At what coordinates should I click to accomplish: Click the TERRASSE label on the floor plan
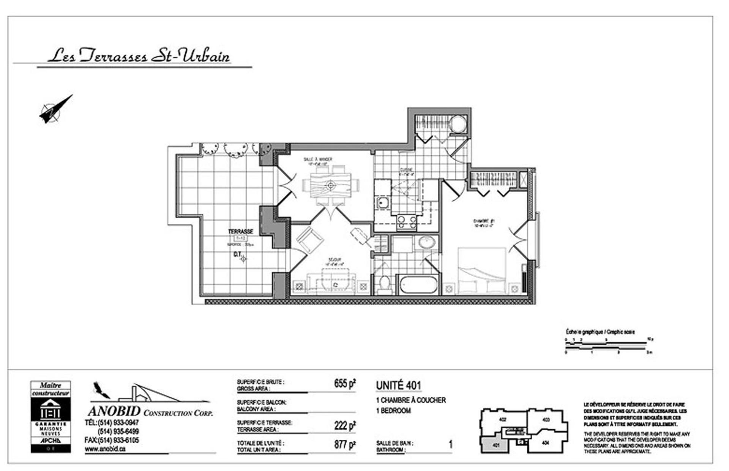coord(240,231)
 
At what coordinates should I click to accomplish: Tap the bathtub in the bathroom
coord(418,284)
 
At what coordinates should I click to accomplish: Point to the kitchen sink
coord(382,202)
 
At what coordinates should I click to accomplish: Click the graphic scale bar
coord(607,345)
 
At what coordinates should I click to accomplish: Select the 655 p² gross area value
coord(345,384)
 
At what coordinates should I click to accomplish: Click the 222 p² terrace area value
coord(345,426)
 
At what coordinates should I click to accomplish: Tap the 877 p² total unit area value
coord(345,445)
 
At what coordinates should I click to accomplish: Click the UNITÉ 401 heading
coord(398,386)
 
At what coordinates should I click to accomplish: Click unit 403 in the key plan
coord(546,420)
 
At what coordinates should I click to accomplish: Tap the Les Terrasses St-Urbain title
coord(139,56)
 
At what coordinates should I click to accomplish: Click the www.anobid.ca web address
coord(105,449)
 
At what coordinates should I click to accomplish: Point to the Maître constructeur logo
coord(50,417)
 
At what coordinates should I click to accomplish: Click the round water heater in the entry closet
coord(458,124)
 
